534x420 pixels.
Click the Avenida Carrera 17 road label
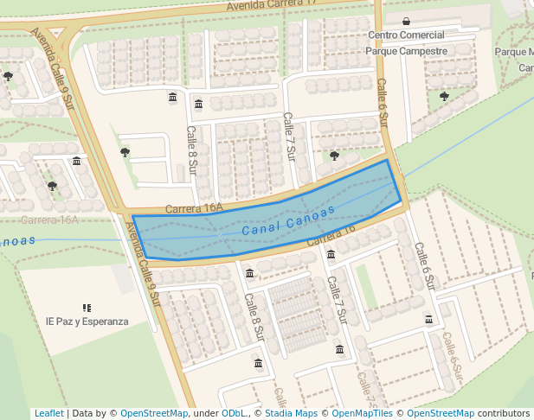(x=268, y=6)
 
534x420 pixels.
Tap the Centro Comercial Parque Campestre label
(x=406, y=43)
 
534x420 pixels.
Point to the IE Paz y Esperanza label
(x=87, y=321)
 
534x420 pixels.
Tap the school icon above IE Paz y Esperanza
(x=87, y=307)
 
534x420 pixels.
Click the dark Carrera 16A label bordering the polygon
(x=194, y=209)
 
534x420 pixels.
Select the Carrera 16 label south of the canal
(x=331, y=234)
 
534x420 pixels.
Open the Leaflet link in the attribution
(x=48, y=414)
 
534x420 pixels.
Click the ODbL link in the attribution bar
(x=233, y=414)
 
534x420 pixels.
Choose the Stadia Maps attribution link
(x=291, y=414)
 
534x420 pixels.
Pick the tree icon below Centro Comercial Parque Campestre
(x=444, y=96)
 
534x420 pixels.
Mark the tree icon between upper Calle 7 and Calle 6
(x=334, y=156)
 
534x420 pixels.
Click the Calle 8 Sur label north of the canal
(x=192, y=150)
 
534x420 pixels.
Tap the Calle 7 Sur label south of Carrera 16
(x=337, y=301)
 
